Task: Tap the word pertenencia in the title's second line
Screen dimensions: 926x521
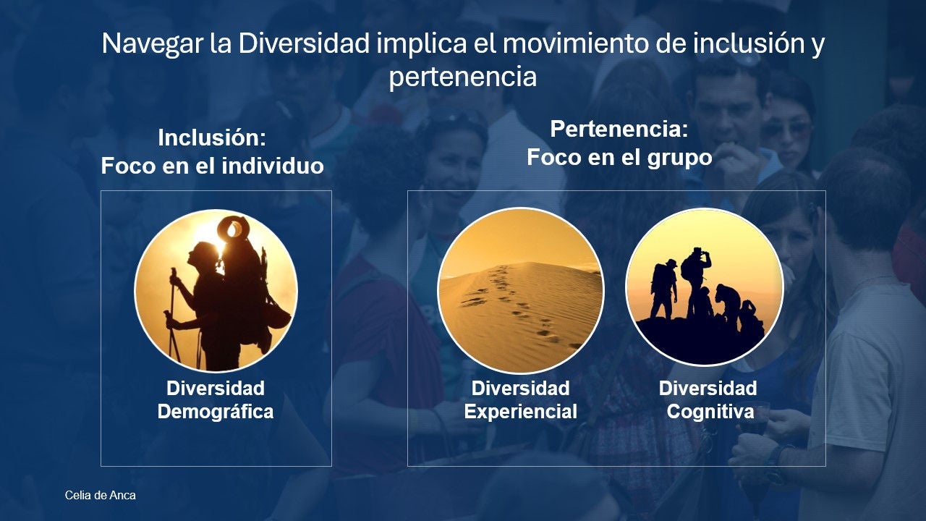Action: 462,77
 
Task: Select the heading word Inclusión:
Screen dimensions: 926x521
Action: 212,137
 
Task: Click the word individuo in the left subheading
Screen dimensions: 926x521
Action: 273,166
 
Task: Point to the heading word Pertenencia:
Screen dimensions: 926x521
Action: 619,129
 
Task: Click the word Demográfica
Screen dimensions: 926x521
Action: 216,412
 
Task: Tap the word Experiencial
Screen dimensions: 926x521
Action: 520,412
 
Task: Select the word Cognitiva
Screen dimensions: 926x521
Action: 710,412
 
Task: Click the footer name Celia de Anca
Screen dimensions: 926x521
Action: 100,496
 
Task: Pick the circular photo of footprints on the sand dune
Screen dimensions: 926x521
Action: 520,290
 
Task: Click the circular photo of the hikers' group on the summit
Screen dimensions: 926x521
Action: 705,287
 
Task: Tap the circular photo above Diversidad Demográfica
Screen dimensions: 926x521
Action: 216,290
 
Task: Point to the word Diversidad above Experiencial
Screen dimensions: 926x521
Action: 520,389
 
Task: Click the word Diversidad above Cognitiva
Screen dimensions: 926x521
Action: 708,389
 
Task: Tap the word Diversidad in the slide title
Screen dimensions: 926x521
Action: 303,43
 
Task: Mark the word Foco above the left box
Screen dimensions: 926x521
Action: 128,166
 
